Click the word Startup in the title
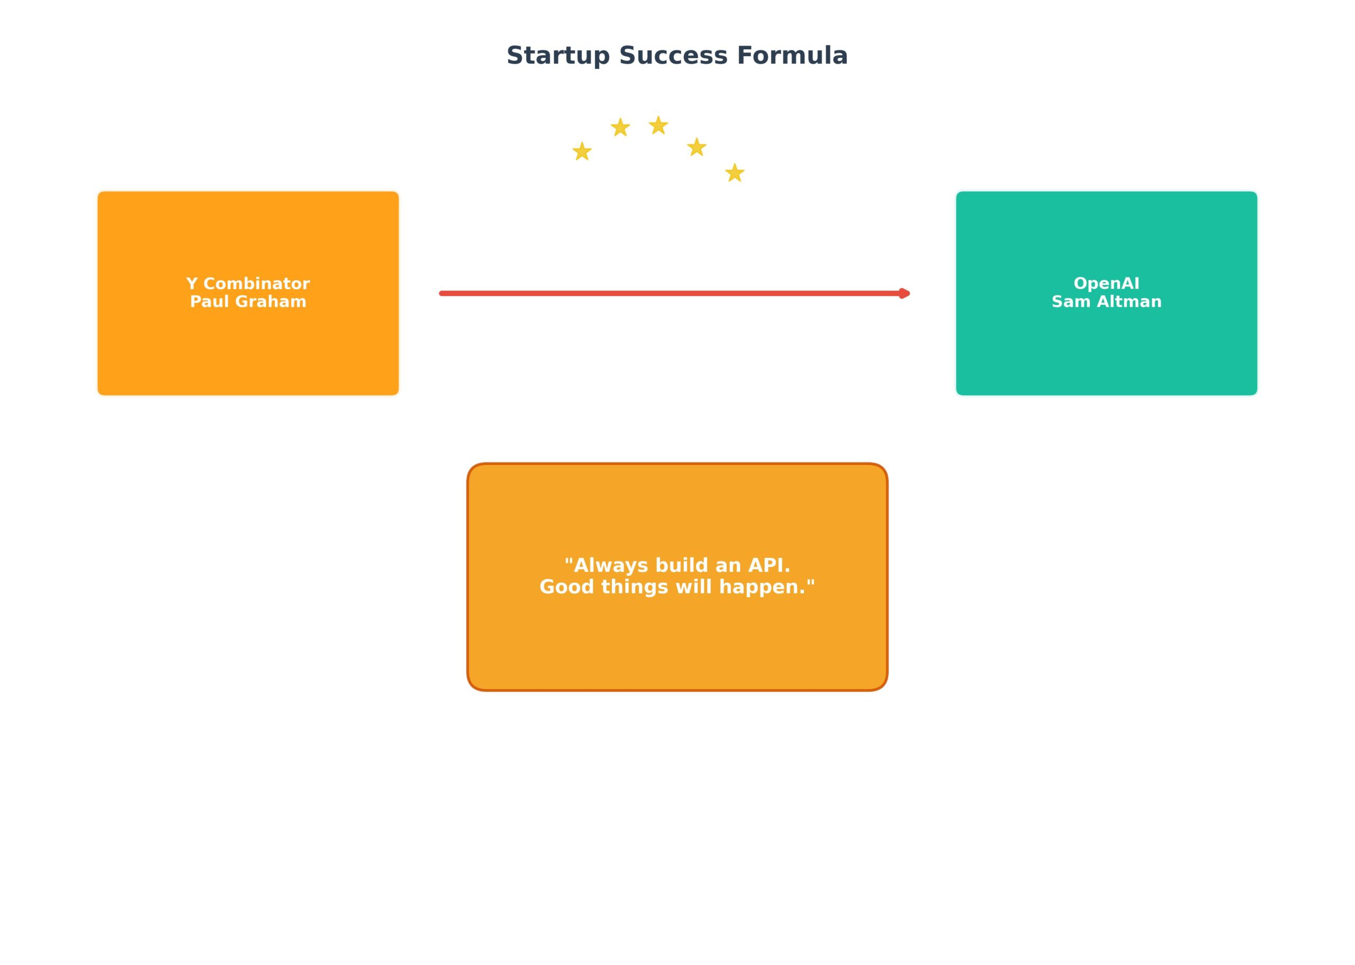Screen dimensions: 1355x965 pos(558,57)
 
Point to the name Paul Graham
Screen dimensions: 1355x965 pos(248,301)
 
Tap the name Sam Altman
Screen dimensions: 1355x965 pos(1106,301)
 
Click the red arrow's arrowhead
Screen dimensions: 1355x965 pos(905,294)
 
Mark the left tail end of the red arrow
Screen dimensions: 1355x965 pos(441,294)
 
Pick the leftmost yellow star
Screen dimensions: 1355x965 pos(582,151)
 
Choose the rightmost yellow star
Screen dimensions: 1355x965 pos(735,173)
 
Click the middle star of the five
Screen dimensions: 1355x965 pos(658,125)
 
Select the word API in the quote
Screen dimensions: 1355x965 pos(769,565)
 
